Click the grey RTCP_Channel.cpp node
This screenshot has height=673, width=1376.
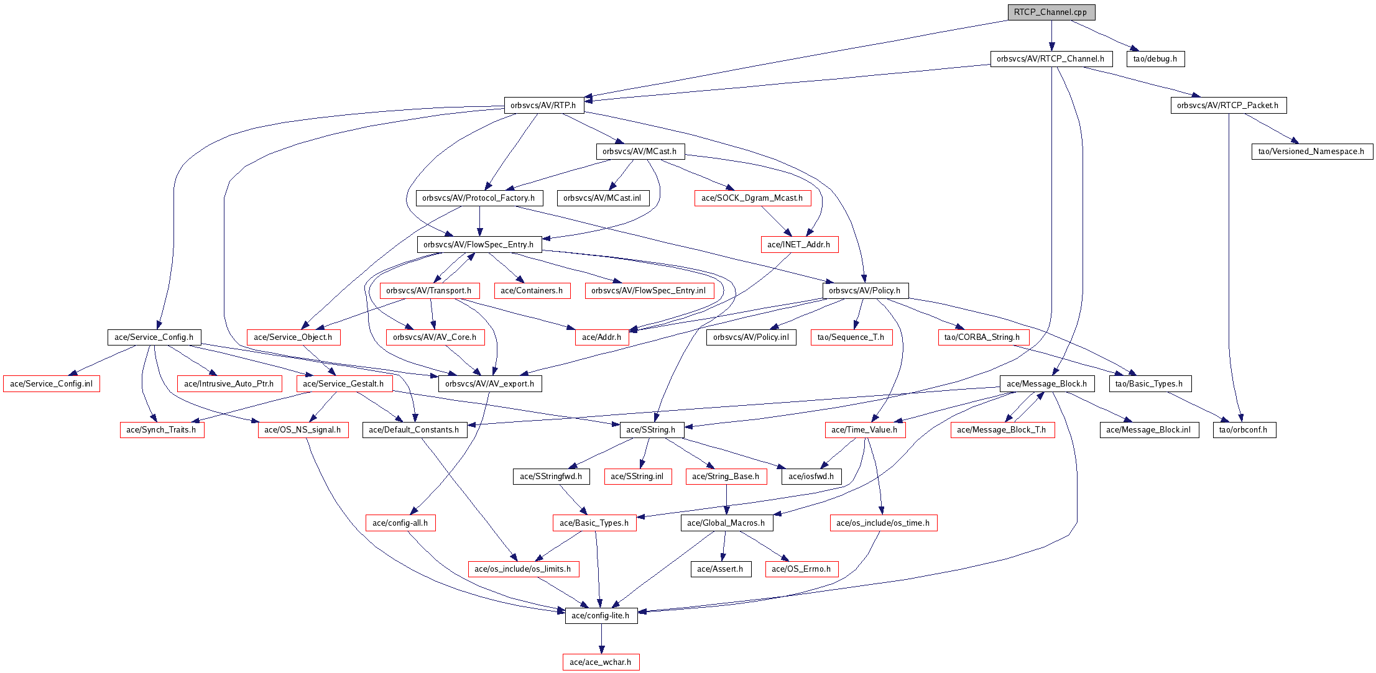coord(1051,12)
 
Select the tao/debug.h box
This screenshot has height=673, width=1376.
coord(1155,59)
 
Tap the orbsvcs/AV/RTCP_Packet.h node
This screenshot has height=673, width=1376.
coord(1228,106)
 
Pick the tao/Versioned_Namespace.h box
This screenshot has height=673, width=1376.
coord(1311,152)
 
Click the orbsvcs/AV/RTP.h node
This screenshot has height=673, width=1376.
coord(543,106)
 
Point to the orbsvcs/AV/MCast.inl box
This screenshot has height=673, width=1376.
coord(603,198)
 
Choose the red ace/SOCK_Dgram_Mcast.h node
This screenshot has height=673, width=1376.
coord(752,198)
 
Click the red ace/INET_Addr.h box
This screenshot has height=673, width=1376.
coord(799,245)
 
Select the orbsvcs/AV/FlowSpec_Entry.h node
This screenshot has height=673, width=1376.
coord(479,245)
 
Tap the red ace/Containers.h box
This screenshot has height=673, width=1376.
coord(532,291)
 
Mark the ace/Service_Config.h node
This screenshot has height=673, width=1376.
coord(154,337)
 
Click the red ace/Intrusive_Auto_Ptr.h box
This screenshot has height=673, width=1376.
coord(229,384)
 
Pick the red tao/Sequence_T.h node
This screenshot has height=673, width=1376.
coord(851,337)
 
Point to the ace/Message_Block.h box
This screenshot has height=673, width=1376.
coord(1047,384)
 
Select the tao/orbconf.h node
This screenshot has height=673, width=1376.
coord(1244,430)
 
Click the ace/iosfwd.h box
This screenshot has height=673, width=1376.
coord(811,477)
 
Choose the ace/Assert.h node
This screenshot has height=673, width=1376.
coord(720,569)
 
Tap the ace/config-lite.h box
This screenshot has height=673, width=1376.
coord(601,616)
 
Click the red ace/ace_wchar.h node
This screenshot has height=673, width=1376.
coord(601,662)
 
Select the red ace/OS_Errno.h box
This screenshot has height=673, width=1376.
coord(801,569)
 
